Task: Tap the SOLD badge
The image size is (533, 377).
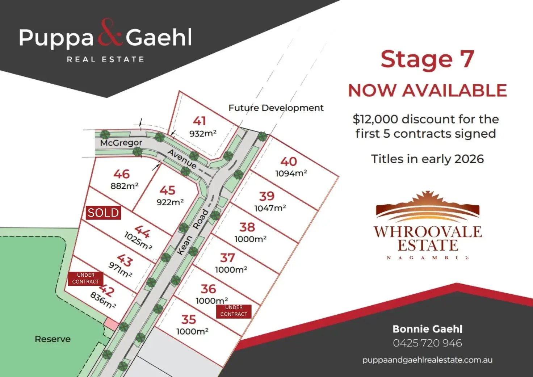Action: pyautogui.click(x=103, y=213)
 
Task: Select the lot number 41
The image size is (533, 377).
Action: pyautogui.click(x=199, y=121)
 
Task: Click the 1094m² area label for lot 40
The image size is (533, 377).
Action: pyautogui.click(x=291, y=173)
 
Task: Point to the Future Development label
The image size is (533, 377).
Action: pyautogui.click(x=276, y=108)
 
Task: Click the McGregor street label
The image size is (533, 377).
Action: pyautogui.click(x=121, y=143)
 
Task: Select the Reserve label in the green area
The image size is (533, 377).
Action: pyautogui.click(x=53, y=339)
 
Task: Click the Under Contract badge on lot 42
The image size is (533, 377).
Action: pyautogui.click(x=86, y=278)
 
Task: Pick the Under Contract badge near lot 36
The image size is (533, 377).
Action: pyautogui.click(x=234, y=311)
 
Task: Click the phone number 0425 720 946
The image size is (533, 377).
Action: pyautogui.click(x=427, y=343)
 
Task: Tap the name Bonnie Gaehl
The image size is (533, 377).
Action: pyautogui.click(x=427, y=329)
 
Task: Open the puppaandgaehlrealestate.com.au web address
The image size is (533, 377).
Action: pyautogui.click(x=427, y=360)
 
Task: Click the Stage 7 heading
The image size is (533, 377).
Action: pyautogui.click(x=427, y=59)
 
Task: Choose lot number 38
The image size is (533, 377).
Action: pyautogui.click(x=247, y=227)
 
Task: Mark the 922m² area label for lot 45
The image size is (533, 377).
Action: pyautogui.click(x=170, y=202)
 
